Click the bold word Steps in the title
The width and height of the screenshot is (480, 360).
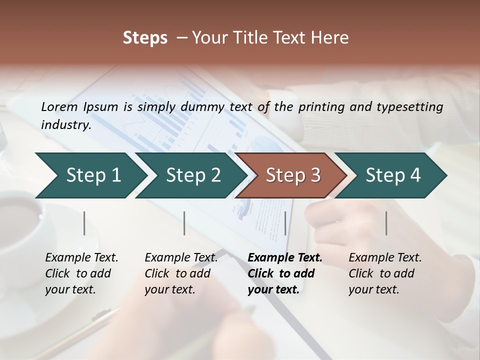(x=145, y=38)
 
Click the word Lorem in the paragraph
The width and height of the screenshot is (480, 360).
(x=59, y=106)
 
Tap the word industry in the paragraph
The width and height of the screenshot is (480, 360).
(x=65, y=124)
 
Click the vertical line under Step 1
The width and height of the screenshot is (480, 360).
(x=84, y=223)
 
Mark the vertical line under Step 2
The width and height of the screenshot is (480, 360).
(x=184, y=223)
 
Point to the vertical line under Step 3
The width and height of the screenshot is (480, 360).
(x=285, y=223)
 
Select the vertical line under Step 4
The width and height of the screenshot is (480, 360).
(x=386, y=223)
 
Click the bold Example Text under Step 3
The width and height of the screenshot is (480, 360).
(x=285, y=258)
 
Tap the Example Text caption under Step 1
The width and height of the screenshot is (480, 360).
(x=81, y=258)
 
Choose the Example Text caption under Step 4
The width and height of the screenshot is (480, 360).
(x=385, y=258)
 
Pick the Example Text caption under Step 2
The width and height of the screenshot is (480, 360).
(x=181, y=258)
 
